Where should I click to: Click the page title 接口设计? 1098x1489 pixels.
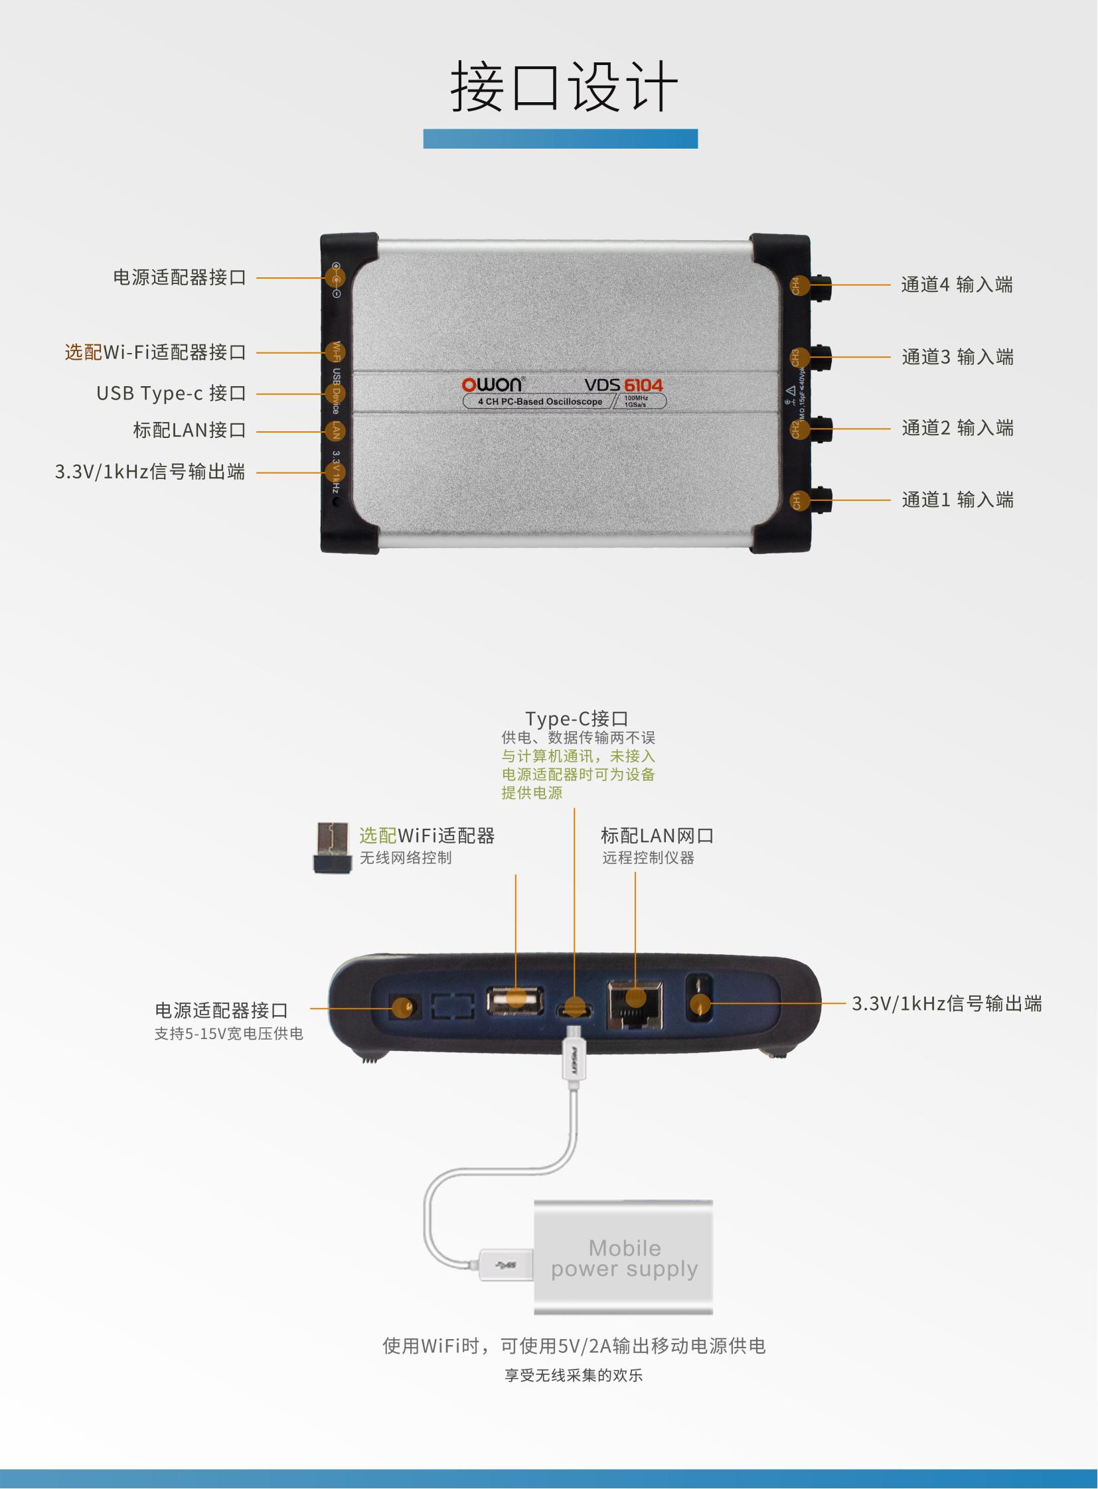coord(564,86)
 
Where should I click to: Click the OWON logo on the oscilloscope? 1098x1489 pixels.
coord(492,385)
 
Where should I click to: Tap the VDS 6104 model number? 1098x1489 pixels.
coord(623,386)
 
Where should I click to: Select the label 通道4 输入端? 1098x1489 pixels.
coord(957,285)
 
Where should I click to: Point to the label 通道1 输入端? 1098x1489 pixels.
coord(957,500)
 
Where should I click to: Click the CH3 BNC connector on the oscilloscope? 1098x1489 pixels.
coord(820,358)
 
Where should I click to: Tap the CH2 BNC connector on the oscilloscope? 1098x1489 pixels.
coord(820,429)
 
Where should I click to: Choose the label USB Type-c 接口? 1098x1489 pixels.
coord(171,393)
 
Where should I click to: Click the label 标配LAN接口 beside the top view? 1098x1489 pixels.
coord(189,431)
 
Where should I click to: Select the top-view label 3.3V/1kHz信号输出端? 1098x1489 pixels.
coord(150,472)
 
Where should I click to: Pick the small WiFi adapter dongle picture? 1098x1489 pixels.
coord(333,847)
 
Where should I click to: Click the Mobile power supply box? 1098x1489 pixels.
coord(623,1257)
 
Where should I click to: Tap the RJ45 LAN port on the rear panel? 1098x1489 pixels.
coord(635,1004)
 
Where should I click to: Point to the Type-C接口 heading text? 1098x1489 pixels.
coord(576,719)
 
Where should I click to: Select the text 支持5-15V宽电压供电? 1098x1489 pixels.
coord(228,1034)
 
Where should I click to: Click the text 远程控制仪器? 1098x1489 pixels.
coord(648,858)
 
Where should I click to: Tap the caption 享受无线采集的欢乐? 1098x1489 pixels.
coord(573,1376)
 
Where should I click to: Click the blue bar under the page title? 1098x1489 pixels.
coord(560,139)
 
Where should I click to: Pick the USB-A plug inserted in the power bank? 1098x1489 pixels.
coord(506,1264)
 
